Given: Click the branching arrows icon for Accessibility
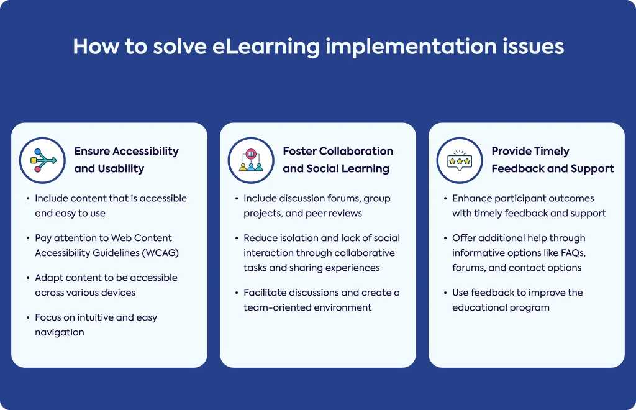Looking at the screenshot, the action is [x=43, y=161].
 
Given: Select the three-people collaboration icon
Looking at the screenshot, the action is [x=251, y=161].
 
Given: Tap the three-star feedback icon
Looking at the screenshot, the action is [x=460, y=161].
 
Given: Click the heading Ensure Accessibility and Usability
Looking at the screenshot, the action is [x=126, y=160].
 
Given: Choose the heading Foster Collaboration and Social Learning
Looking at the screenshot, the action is [x=338, y=160].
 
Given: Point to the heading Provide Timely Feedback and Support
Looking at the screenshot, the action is [x=553, y=160].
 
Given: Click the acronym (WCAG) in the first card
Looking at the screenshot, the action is [x=161, y=253].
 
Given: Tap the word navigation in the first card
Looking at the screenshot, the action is [x=60, y=332].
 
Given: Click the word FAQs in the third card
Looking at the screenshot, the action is [x=573, y=253].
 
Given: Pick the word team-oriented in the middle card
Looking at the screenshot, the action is [x=273, y=307].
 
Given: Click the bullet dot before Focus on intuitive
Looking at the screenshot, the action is [x=28, y=317].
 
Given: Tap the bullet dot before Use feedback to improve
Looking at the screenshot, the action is [x=445, y=293].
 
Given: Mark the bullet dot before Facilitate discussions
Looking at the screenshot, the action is [x=237, y=293].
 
